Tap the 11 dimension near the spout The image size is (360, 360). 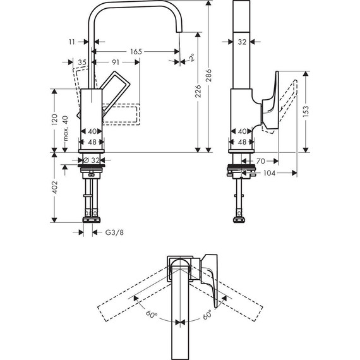[73, 42]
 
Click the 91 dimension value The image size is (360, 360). [116, 62]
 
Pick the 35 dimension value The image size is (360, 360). [82, 62]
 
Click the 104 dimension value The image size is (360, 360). [268, 172]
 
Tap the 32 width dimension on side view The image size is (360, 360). [241, 42]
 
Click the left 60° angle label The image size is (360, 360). [151, 314]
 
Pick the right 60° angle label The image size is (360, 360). [207, 314]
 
